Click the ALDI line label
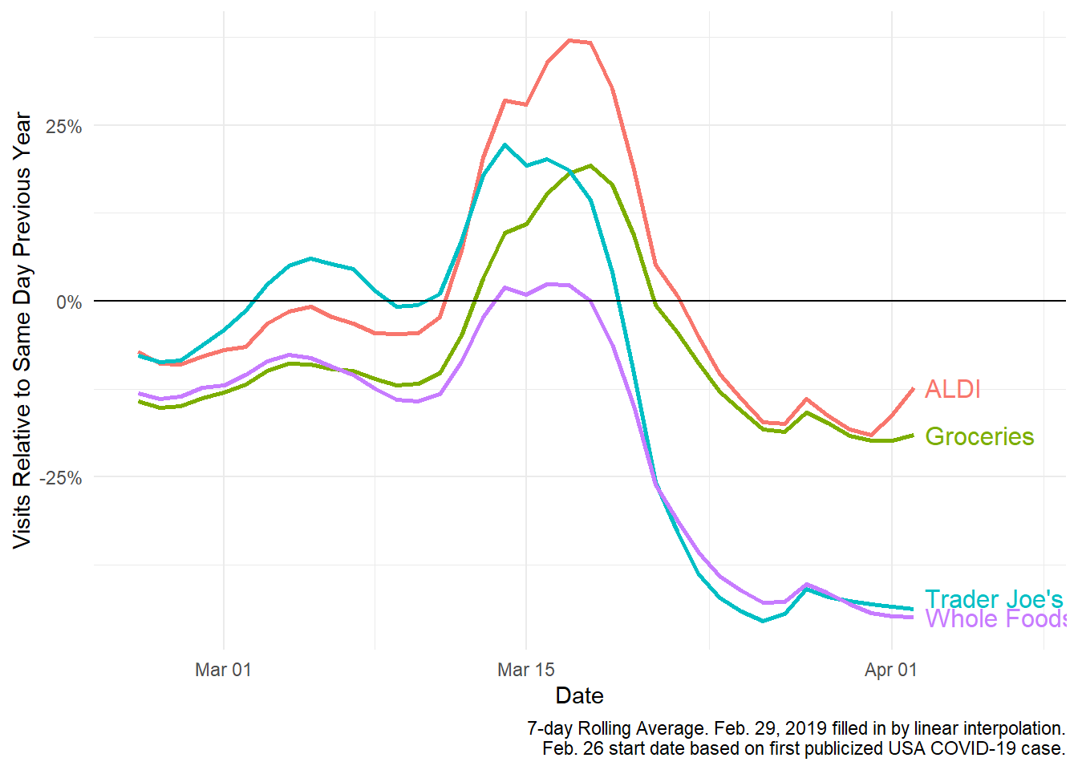click(x=952, y=389)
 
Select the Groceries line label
click(x=979, y=436)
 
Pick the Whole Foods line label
click(x=995, y=619)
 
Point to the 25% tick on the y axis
click(x=63, y=127)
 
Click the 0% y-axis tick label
click(x=69, y=302)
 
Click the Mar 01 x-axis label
click(x=223, y=670)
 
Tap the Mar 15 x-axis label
click(x=525, y=670)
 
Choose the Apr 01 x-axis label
click(x=890, y=670)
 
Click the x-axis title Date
click(x=579, y=695)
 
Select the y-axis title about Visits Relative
click(x=22, y=330)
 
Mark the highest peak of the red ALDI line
click(x=569, y=40)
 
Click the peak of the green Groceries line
click(x=591, y=166)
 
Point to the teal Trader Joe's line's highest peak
click(x=505, y=145)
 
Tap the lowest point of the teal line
click(x=763, y=621)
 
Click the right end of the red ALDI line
click(x=913, y=389)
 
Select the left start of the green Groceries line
click(x=140, y=401)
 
